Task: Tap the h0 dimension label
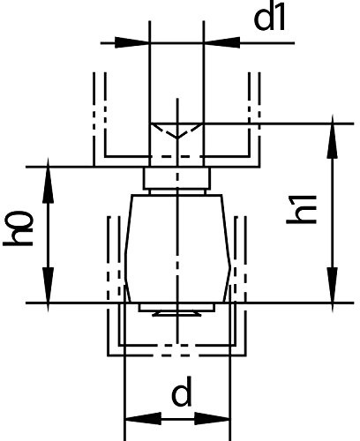pyautogui.click(x=19, y=228)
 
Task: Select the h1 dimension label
pyautogui.click(x=302, y=209)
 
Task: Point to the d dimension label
pyautogui.click(x=181, y=391)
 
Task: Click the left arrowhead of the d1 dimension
pyautogui.click(x=132, y=42)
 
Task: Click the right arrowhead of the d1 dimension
pyautogui.click(x=221, y=42)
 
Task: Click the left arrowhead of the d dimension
pyautogui.click(x=144, y=418)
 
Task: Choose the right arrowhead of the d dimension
pyautogui.click(x=212, y=418)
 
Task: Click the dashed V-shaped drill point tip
pyautogui.click(x=177, y=138)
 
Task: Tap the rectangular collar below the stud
pyautogui.click(x=177, y=178)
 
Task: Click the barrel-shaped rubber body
pyautogui.click(x=177, y=249)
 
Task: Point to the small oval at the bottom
pyautogui.click(x=177, y=314)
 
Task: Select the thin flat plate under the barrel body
pyautogui.click(x=177, y=307)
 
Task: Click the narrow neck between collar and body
pyautogui.click(x=177, y=191)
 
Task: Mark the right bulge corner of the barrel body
pyautogui.click(x=230, y=267)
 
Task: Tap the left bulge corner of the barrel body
pyautogui.click(x=125, y=267)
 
